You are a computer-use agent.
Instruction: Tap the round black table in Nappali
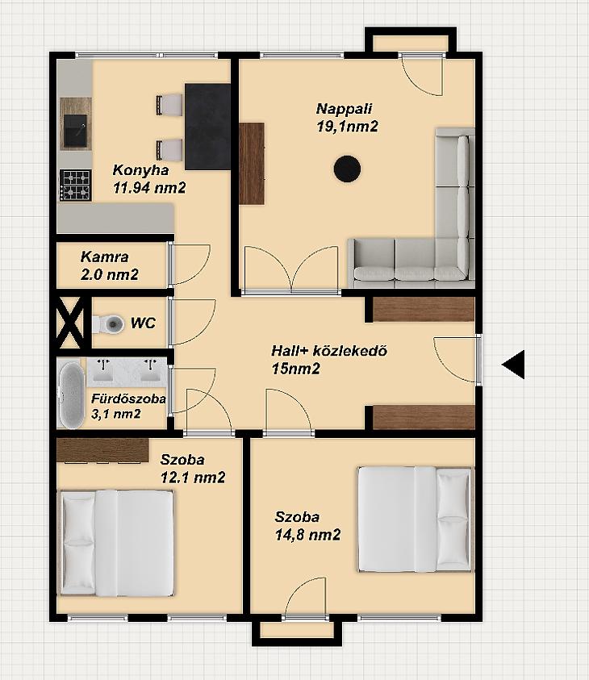[347, 169]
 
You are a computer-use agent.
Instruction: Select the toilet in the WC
[107, 323]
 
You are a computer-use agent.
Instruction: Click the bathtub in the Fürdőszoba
[72, 394]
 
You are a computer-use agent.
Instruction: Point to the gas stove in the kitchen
[76, 186]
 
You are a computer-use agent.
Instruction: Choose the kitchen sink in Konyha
[76, 131]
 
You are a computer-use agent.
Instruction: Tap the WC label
[143, 323]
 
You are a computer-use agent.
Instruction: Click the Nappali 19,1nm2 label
[347, 118]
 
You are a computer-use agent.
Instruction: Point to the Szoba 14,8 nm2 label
[307, 526]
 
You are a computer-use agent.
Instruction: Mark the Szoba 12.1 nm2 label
[193, 469]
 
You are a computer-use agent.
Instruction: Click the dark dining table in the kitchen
[207, 127]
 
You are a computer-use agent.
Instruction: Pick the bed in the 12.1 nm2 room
[117, 543]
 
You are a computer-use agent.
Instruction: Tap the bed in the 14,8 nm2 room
[415, 519]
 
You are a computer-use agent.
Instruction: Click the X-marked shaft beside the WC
[70, 323]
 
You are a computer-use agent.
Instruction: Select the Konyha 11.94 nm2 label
[149, 179]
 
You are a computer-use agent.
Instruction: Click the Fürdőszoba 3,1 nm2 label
[128, 407]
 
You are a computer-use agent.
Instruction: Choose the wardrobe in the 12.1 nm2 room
[102, 451]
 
